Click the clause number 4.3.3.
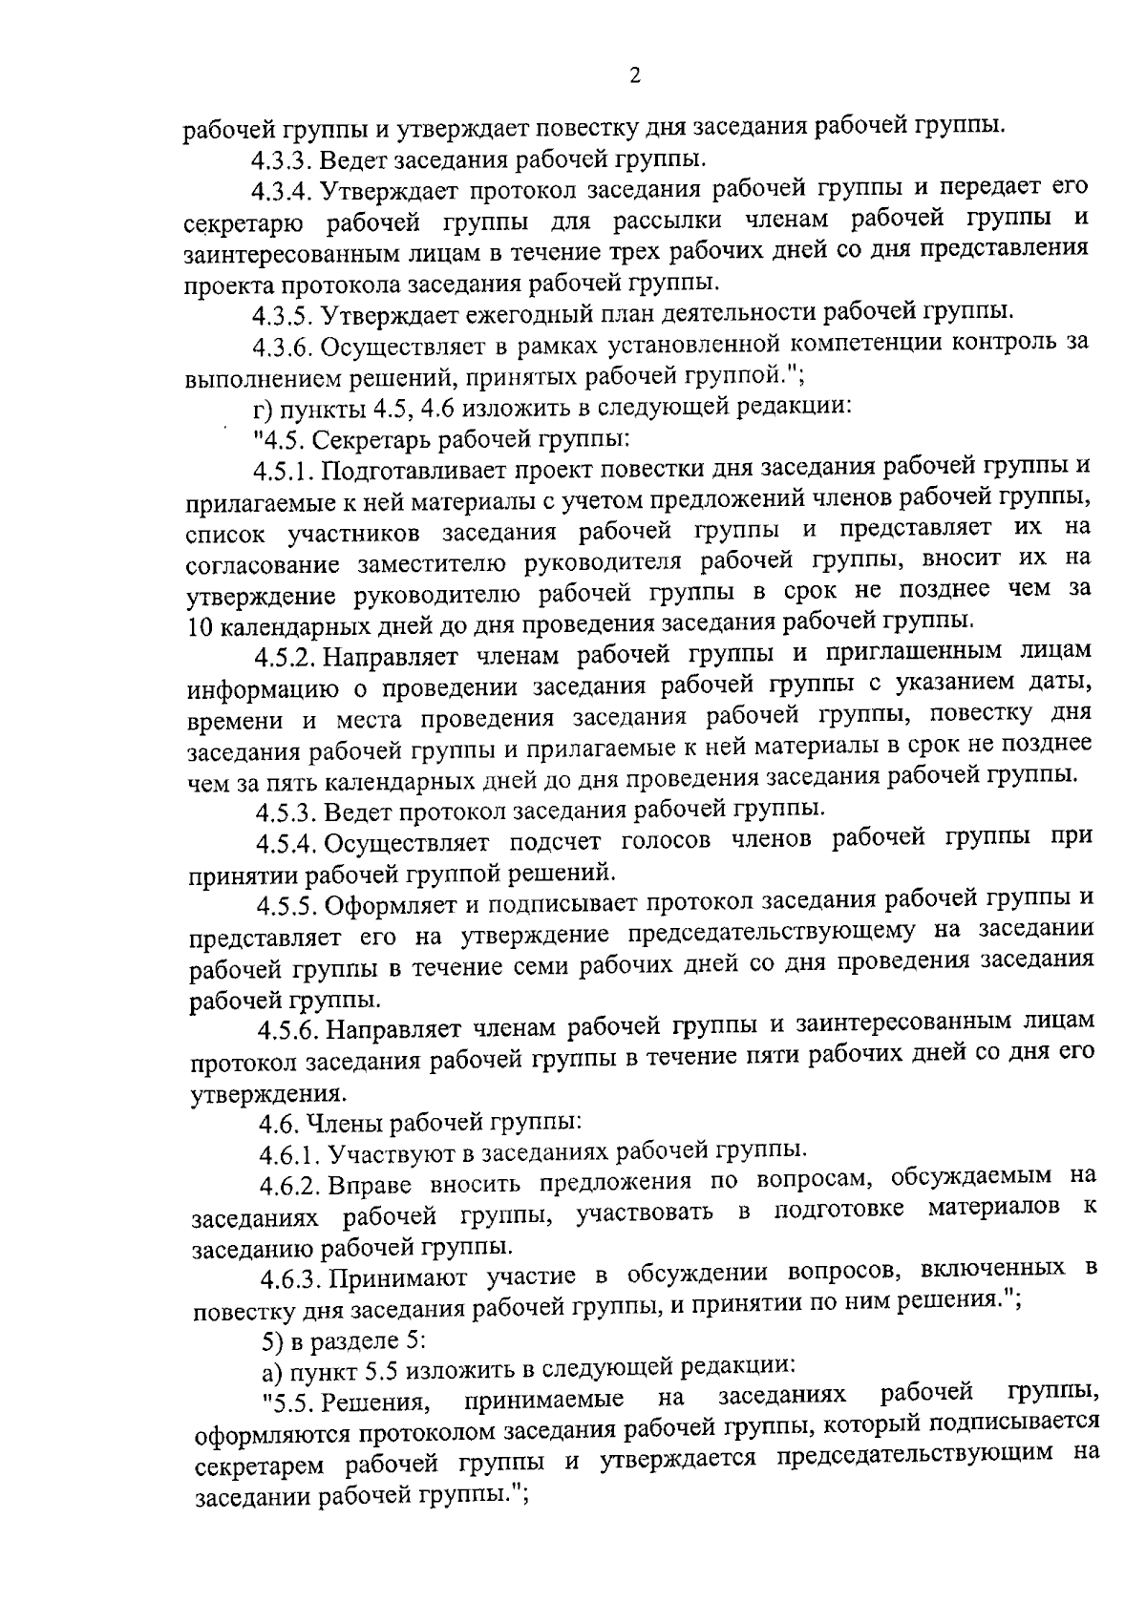pos(283,158)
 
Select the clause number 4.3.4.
pos(283,190)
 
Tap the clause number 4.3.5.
pos(284,314)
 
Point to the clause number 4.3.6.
pos(284,345)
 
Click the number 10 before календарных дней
pos(202,625)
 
